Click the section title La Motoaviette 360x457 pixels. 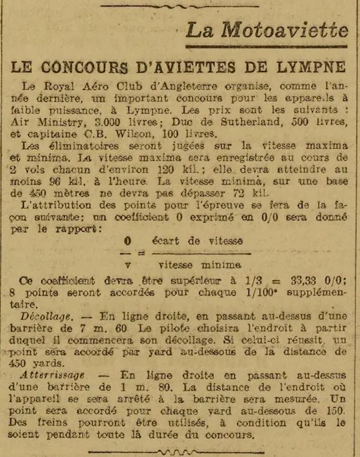(267, 30)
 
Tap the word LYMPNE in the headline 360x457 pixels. (310, 67)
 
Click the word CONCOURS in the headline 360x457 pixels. (101, 67)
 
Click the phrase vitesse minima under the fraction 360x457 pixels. (201, 265)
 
